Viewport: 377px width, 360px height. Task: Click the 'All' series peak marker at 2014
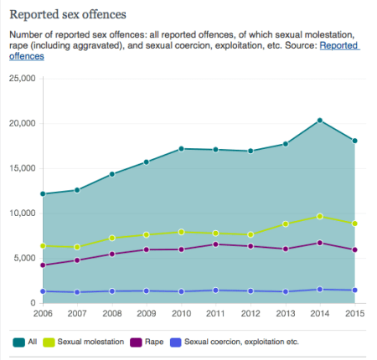click(x=319, y=121)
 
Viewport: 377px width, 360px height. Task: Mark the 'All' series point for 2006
click(x=43, y=193)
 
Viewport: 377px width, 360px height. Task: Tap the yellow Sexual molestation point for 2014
click(x=319, y=216)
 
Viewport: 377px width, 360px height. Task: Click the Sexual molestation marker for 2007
click(x=77, y=247)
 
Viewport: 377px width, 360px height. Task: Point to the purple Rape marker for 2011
click(x=215, y=244)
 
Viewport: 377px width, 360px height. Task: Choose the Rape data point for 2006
click(x=43, y=265)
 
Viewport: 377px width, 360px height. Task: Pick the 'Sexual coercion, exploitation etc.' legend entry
click(x=235, y=342)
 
